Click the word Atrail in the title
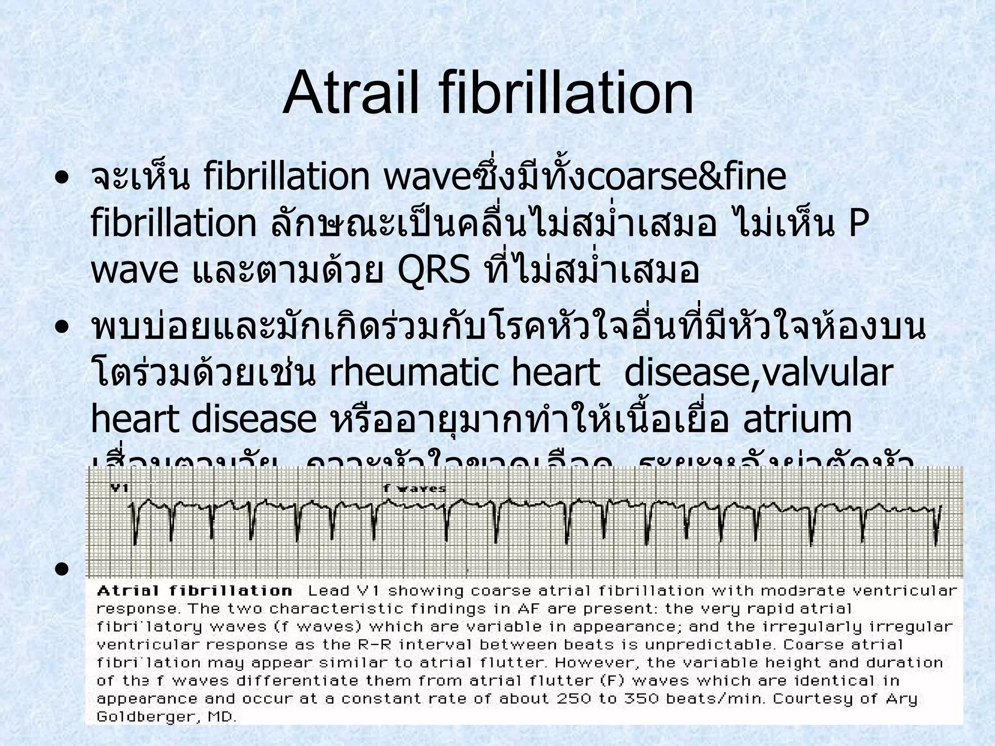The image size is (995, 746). (350, 92)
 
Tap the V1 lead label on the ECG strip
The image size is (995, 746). (119, 488)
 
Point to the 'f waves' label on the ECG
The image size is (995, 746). (414, 489)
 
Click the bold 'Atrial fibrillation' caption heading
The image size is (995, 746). (194, 591)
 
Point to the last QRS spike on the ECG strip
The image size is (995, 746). (937, 527)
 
